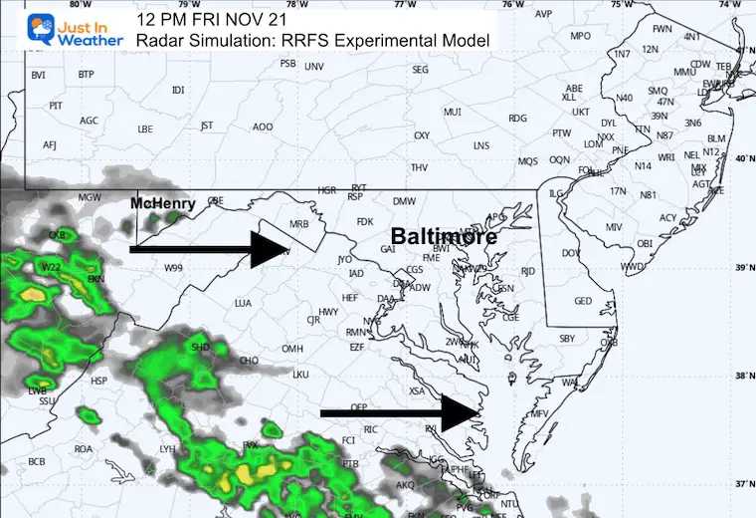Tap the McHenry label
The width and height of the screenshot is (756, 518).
[x=165, y=203]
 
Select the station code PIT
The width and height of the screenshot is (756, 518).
[x=56, y=106]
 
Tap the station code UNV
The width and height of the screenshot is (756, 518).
[x=314, y=67]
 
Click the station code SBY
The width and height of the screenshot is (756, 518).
[x=567, y=339]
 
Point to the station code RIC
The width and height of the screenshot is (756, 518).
[x=372, y=429]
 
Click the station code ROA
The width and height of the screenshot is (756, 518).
[x=84, y=449]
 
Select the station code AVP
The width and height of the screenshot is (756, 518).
[x=543, y=15]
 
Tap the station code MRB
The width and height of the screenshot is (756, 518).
[x=296, y=224]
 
